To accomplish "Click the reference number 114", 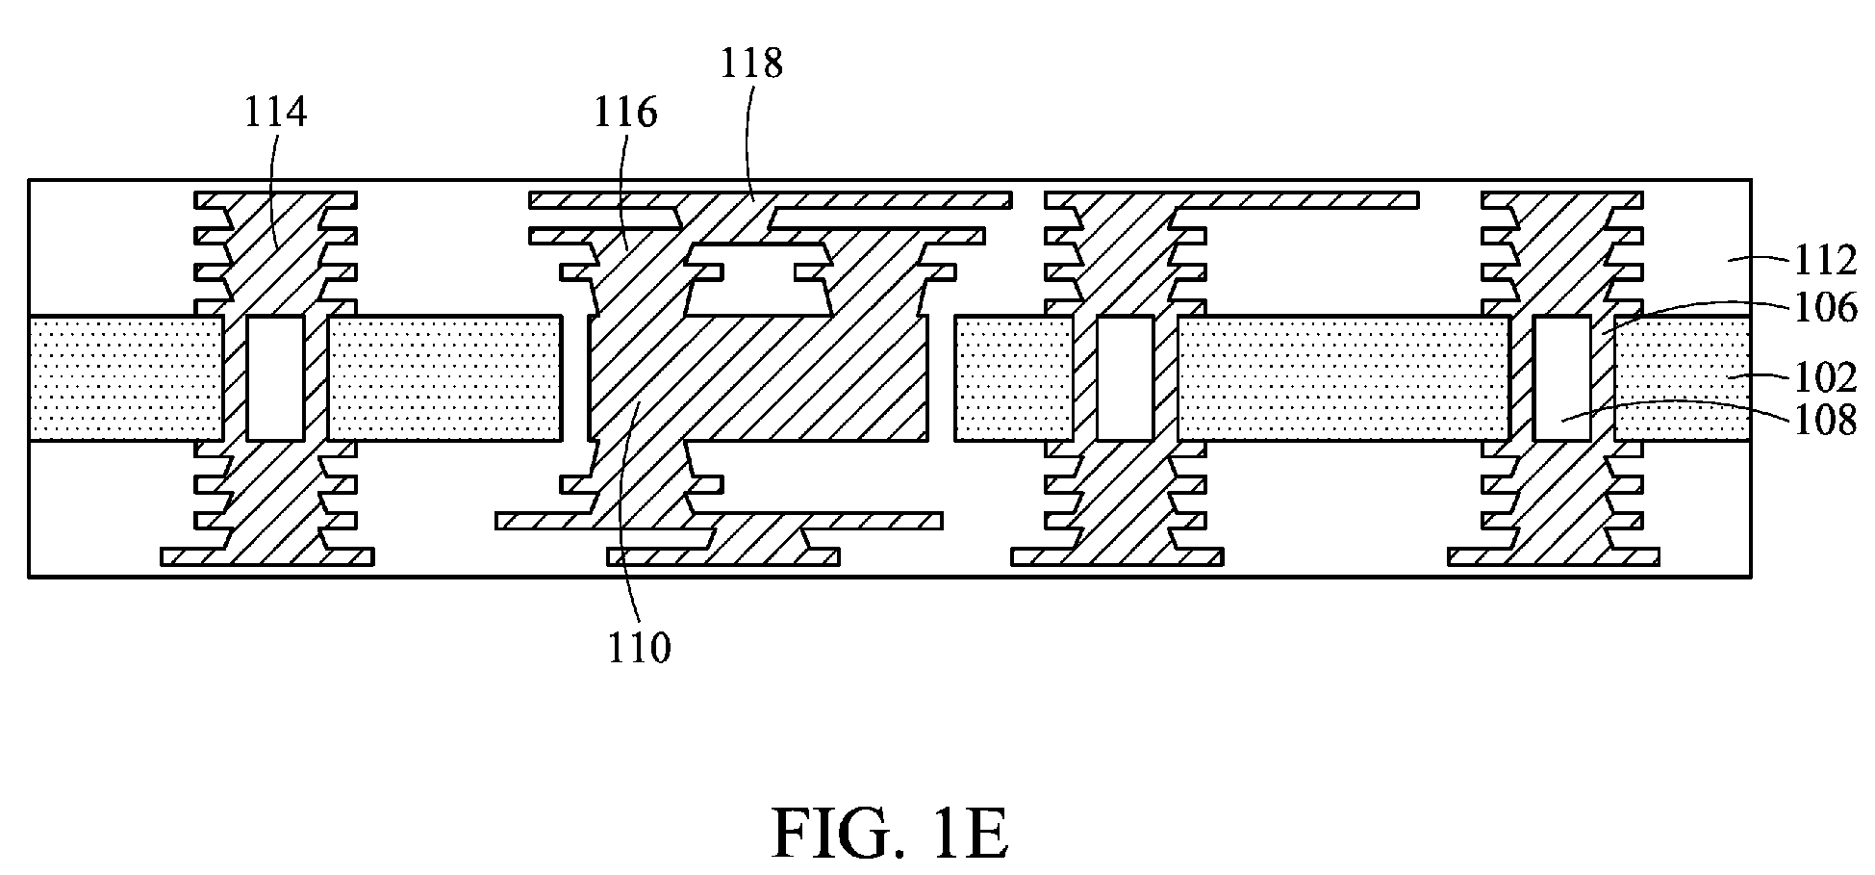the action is click(275, 113).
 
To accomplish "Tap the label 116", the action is click(624, 113).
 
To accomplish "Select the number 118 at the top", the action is click(751, 64).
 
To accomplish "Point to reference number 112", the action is click(1823, 260).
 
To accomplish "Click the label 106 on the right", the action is click(1823, 308).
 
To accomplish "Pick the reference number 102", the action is click(1823, 377).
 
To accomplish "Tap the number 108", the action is click(1823, 421).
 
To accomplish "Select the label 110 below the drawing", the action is click(639, 648).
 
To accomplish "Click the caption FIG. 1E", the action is click(890, 835).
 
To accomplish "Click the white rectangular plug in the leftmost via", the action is click(276, 378).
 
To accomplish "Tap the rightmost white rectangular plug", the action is click(1561, 378).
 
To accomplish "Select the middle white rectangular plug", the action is click(1126, 378).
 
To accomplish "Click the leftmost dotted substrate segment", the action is click(126, 378).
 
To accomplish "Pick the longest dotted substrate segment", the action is click(1344, 378).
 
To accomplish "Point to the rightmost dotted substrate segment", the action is click(1683, 378).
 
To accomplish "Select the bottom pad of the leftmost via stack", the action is click(267, 556).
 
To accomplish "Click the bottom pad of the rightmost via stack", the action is click(1554, 556).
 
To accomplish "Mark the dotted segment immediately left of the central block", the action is click(445, 378).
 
